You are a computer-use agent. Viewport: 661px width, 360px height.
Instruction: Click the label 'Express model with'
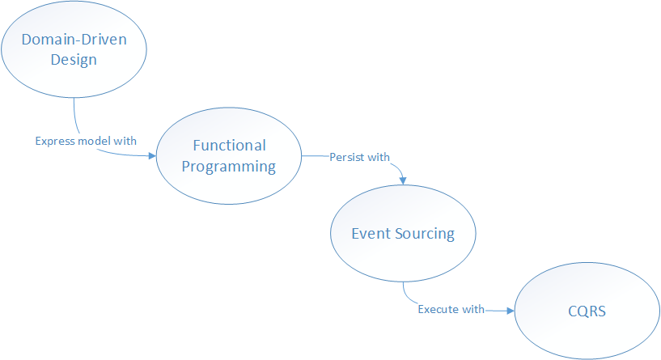86,141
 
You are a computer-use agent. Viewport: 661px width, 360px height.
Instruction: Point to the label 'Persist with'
359,157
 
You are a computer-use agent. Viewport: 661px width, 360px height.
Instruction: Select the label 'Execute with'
451,309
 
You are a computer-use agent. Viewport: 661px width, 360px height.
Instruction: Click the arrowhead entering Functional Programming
151,157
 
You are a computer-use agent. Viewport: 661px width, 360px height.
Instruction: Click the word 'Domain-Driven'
74,40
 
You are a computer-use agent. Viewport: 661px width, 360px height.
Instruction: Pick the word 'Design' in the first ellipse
74,59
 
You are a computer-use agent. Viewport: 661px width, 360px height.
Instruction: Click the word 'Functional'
229,146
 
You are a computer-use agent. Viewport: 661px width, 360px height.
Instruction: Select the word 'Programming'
229,167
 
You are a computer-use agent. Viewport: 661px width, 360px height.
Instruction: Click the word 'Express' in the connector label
53,141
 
